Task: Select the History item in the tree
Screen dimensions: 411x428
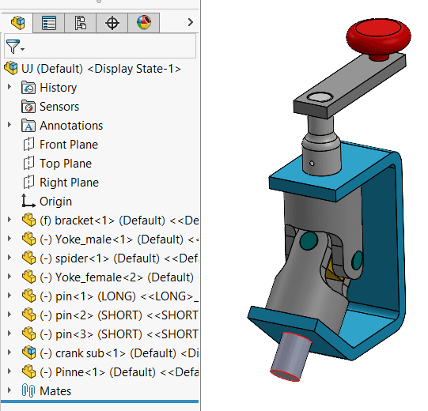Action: pyautogui.click(x=58, y=88)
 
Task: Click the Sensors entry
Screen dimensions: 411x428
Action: pyautogui.click(x=59, y=107)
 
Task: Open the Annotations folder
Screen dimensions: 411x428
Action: pyautogui.click(x=71, y=126)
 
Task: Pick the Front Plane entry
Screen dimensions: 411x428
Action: pyautogui.click(x=69, y=145)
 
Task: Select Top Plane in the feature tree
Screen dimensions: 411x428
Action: pyautogui.click(x=66, y=164)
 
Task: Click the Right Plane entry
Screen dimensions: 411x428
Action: pyautogui.click(x=69, y=183)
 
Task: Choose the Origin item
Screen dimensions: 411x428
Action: pyautogui.click(x=55, y=202)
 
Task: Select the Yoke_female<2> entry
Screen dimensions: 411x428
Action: pyautogui.click(x=111, y=277)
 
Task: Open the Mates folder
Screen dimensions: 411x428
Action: pyautogui.click(x=55, y=390)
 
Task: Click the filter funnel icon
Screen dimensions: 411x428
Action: pyautogui.click(x=13, y=47)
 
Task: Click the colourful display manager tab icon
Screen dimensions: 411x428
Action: pyautogui.click(x=143, y=23)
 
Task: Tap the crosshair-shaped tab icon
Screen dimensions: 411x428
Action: pyautogui.click(x=112, y=23)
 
